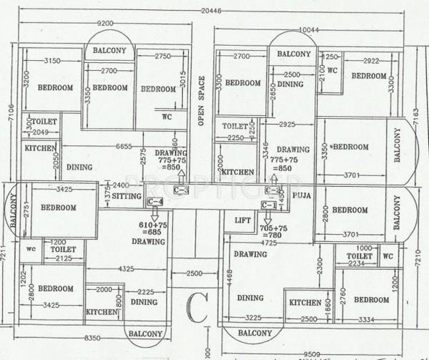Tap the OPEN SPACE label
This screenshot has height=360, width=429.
pos(202,101)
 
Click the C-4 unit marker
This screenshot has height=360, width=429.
pos(155,203)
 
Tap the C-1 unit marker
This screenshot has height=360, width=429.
pos(269,205)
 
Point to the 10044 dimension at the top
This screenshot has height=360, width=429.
pos(309,29)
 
